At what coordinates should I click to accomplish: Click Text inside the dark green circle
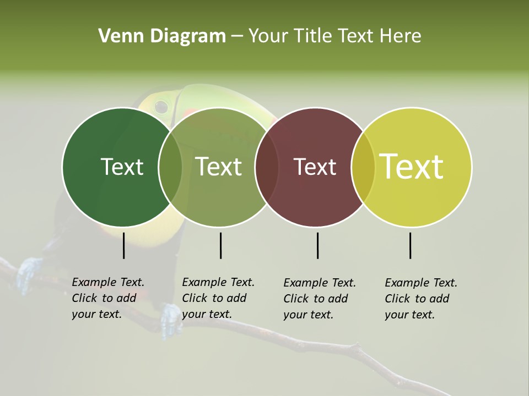122,167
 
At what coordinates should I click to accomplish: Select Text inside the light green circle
219,167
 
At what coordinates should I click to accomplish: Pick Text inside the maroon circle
315,167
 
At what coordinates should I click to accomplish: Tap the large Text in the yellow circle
412,167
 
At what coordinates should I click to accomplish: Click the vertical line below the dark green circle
123,245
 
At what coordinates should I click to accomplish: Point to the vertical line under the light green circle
220,245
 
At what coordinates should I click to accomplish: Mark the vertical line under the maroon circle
317,245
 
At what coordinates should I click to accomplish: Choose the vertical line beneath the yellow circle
410,245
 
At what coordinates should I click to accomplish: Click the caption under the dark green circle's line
108,298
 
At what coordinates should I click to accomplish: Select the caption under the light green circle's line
218,298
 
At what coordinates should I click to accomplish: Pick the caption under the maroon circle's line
320,299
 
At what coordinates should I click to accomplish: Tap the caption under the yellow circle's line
421,299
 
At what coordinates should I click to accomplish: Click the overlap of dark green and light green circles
170,167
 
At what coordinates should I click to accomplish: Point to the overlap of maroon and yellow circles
363,167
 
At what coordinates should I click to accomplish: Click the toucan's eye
161,106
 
